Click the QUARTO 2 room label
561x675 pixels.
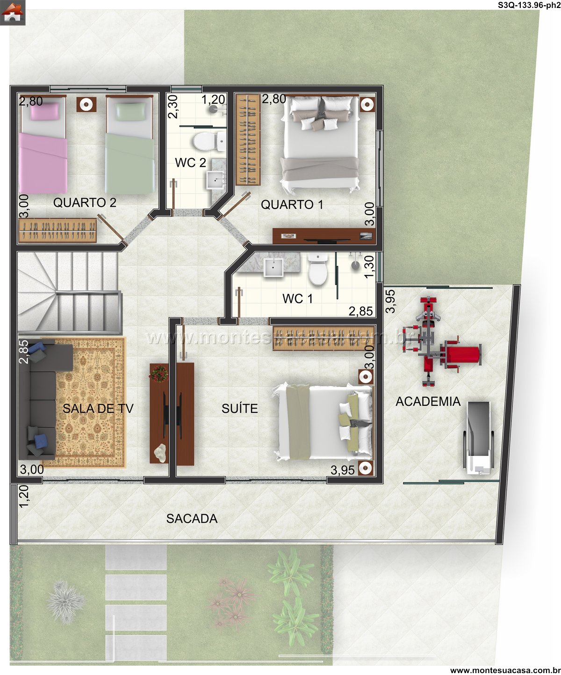(x=85, y=203)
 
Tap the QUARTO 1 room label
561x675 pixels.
(x=292, y=205)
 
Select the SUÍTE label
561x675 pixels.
(x=240, y=409)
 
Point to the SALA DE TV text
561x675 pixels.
(x=98, y=409)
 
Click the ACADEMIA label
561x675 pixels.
(x=428, y=402)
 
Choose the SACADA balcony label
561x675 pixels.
(x=192, y=519)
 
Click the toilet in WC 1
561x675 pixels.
(x=318, y=270)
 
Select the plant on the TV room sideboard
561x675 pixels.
(x=158, y=373)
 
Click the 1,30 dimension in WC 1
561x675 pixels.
(x=369, y=267)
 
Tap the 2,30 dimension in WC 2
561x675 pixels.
(x=173, y=107)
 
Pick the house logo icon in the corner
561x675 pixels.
(x=13, y=13)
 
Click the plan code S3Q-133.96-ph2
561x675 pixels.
(x=529, y=5)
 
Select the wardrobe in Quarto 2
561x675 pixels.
(x=58, y=230)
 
